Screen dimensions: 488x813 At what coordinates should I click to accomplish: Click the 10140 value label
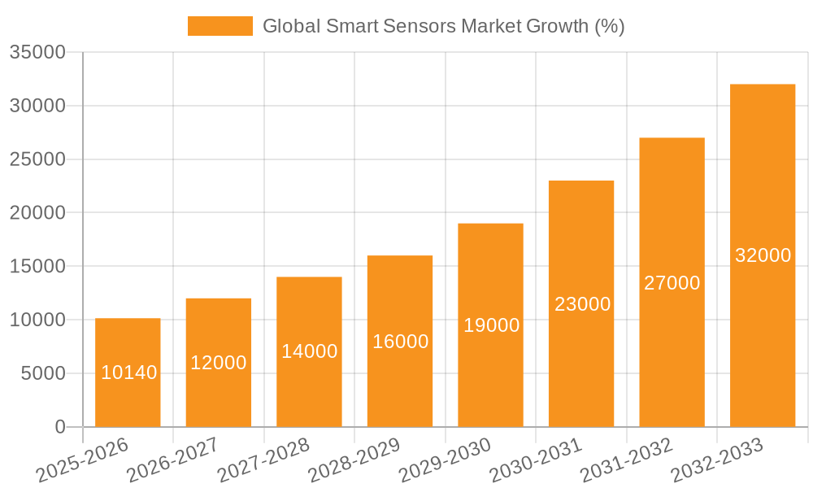pyautogui.click(x=129, y=373)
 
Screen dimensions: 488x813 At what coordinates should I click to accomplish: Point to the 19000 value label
pyautogui.click(x=491, y=325)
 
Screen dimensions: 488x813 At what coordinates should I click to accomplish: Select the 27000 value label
pyautogui.click(x=672, y=283)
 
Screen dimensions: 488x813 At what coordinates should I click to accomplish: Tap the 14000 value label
pyautogui.click(x=309, y=351)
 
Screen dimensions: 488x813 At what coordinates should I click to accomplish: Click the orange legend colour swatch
pyautogui.click(x=220, y=26)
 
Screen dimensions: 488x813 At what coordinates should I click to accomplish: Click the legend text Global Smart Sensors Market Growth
pyautogui.click(x=443, y=26)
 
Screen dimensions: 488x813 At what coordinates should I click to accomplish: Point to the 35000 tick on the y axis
pyautogui.click(x=37, y=52)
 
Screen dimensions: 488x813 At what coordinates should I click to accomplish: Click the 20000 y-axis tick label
pyautogui.click(x=37, y=213)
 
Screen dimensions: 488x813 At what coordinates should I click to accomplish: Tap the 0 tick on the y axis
pyautogui.click(x=59, y=427)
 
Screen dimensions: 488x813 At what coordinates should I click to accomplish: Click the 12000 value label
pyautogui.click(x=218, y=363)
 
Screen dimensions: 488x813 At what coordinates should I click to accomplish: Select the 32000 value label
pyautogui.click(x=763, y=255)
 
